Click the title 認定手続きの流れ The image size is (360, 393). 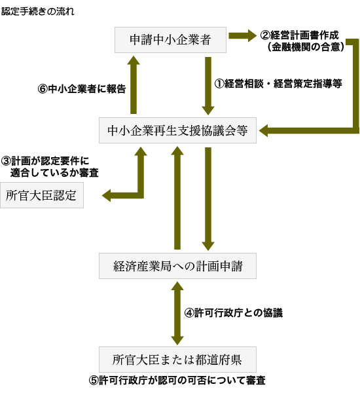pos(38,12)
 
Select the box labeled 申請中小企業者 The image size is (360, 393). pos(170,40)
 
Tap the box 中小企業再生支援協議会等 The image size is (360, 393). pos(177,130)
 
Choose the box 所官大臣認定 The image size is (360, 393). pos(42,195)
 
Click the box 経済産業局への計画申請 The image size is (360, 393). pos(177,266)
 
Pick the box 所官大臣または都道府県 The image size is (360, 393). pos(177,360)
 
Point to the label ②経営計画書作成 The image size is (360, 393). pos(299,35)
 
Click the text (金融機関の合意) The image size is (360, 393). pos(306,47)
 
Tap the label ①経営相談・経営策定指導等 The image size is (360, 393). pos(278,83)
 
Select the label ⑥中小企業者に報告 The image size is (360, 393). pos(82,88)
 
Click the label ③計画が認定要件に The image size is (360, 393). pos(45,160)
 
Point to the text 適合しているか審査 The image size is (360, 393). pos(54,173)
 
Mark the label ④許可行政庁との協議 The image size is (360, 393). pos(234,313)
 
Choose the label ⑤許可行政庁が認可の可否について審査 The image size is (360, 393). pos(177,381)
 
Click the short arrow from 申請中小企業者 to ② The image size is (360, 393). pos(242,35)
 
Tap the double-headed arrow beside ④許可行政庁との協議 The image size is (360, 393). pos(177,313)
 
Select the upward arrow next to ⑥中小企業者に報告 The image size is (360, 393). pos(134,85)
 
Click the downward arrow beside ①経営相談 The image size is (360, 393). pos(208,86)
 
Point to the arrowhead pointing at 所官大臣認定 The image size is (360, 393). pos(107,195)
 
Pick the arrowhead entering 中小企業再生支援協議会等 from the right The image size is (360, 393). pos(264,130)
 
